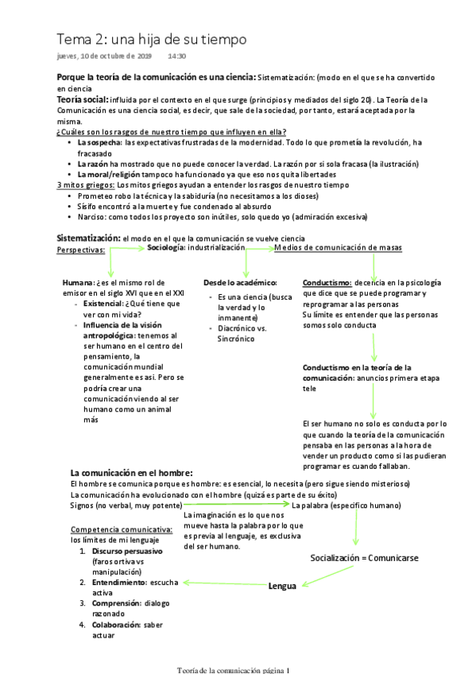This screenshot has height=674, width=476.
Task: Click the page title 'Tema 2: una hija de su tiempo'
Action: pyautogui.click(x=151, y=39)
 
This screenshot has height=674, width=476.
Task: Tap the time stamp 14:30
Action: pyautogui.click(x=176, y=56)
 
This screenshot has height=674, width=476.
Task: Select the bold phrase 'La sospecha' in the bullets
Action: pyautogui.click(x=100, y=141)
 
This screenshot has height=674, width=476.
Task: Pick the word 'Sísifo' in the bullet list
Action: pyautogui.click(x=89, y=206)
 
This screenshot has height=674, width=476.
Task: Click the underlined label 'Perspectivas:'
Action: pyautogui.click(x=82, y=250)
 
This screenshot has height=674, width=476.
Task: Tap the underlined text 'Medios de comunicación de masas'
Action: pyautogui.click(x=338, y=248)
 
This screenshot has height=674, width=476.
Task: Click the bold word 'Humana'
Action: pyautogui.click(x=77, y=283)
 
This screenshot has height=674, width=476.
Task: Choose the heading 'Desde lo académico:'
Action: pyautogui.click(x=240, y=283)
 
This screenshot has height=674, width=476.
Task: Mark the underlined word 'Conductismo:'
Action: pyautogui.click(x=327, y=283)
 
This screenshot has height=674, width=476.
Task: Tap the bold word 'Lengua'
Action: pyautogui.click(x=282, y=587)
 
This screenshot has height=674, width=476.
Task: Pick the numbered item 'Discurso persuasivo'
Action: pyautogui.click(x=127, y=551)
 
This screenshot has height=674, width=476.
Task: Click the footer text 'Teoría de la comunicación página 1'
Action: pyautogui.click(x=234, y=669)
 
